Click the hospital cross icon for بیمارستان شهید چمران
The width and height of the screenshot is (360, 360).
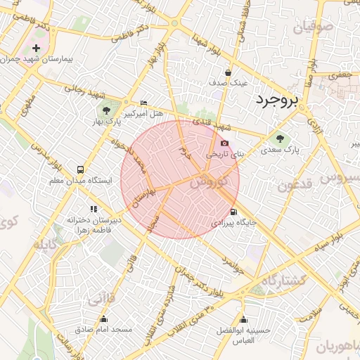pos(35,49)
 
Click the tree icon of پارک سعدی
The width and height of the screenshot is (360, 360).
pos(280,138)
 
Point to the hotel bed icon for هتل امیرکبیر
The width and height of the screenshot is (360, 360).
pos(144,103)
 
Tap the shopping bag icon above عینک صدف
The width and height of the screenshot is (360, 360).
pos(228,72)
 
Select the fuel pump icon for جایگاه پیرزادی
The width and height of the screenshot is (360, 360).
pos(233,212)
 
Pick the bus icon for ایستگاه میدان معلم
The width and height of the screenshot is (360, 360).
pos(80,169)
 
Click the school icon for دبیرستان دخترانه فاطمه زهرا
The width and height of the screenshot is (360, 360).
pos(93,208)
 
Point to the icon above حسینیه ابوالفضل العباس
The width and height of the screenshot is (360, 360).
pos(243,320)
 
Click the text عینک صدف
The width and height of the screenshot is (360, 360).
pos(229,82)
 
